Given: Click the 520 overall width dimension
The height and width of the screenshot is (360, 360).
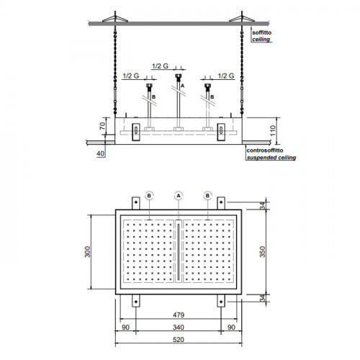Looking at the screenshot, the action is [x=179, y=340].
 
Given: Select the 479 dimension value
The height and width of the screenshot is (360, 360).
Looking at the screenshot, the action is [x=179, y=315].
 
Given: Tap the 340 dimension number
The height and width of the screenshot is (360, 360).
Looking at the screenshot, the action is [x=179, y=327].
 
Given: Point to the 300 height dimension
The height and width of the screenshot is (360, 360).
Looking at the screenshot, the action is [x=88, y=252].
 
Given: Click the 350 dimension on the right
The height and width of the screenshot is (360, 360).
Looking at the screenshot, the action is [x=263, y=252].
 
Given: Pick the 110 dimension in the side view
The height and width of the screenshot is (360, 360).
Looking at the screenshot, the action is [x=273, y=130].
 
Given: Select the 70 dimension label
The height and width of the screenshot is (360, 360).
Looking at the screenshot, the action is [x=102, y=126].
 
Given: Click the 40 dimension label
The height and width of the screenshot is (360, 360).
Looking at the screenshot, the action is [x=101, y=153].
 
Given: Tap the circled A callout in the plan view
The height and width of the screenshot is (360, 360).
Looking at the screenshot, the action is [x=179, y=196].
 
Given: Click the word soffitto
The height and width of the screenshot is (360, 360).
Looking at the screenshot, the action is [x=262, y=32].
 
